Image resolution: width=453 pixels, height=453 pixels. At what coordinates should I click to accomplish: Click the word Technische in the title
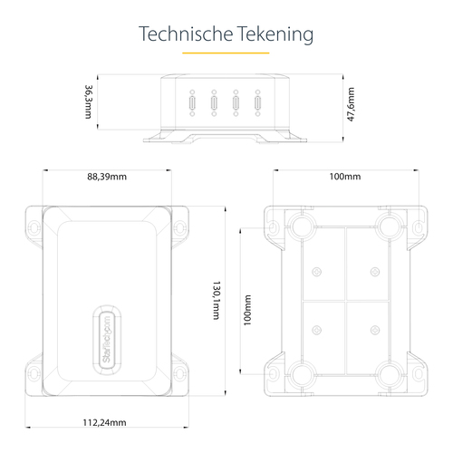pos(186,34)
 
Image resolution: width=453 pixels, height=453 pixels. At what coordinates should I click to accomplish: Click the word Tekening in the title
pos(275,34)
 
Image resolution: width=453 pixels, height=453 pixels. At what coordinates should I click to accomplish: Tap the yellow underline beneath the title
pos(226,53)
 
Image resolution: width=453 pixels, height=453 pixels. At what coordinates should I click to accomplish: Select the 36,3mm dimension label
pos(89,101)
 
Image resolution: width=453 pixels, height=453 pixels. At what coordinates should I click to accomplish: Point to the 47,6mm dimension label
pos(351,104)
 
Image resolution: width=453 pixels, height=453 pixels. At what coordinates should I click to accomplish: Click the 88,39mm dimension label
pos(107,177)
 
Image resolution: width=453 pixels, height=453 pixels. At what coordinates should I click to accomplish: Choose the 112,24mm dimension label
pos(104,422)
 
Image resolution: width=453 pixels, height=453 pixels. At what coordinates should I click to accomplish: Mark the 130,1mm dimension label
pos(217,300)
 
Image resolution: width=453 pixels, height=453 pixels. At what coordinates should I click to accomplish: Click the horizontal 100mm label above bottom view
pos(345,177)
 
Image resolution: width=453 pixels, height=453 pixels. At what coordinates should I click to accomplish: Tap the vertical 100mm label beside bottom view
pos(247,310)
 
